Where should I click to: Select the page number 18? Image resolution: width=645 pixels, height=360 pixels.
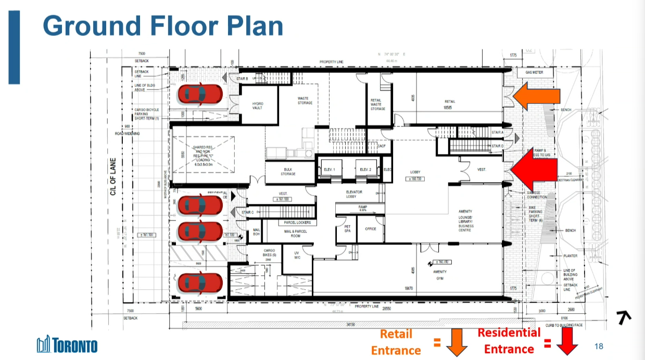click(598, 346)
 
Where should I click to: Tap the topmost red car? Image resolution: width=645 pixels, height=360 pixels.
click(200, 94)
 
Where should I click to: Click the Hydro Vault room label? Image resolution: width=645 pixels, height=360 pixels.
click(258, 106)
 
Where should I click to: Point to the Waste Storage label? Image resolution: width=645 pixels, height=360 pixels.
click(305, 100)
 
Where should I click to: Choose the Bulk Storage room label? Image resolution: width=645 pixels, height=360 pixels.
click(288, 171)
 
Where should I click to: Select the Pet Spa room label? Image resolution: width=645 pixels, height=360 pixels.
click(347, 228)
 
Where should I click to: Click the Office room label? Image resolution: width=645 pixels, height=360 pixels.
click(370, 228)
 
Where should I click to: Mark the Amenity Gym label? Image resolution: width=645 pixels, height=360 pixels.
click(440, 275)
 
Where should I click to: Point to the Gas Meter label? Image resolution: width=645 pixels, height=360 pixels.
click(534, 73)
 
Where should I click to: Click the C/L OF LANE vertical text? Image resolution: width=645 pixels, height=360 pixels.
click(112, 177)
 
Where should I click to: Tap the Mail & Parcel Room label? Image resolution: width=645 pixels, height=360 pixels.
click(295, 234)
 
